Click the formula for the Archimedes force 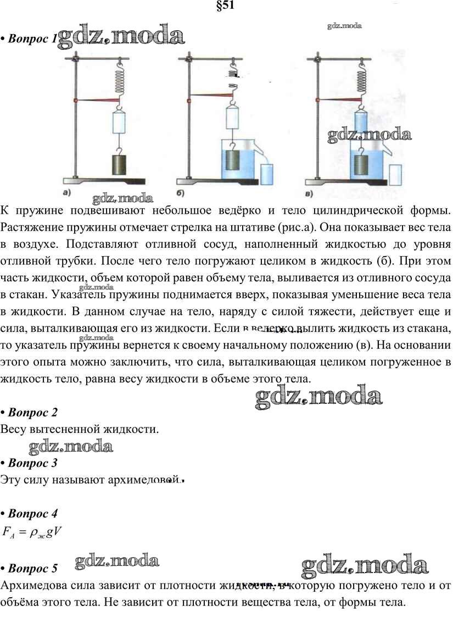(33, 532)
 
